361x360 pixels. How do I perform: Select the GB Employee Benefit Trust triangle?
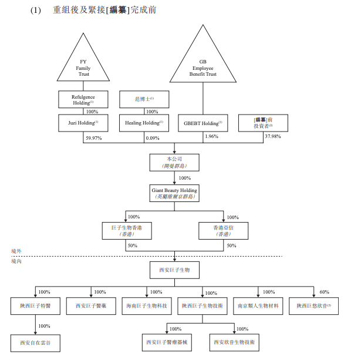click(x=203, y=62)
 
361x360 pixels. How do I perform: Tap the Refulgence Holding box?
click(x=83, y=99)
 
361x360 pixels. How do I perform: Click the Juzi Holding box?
click(x=83, y=123)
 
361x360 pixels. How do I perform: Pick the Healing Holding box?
click(x=144, y=123)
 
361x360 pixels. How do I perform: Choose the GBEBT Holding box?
click(x=203, y=123)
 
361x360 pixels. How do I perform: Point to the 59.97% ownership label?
click(x=95, y=137)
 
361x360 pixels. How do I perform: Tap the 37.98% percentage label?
click(x=273, y=137)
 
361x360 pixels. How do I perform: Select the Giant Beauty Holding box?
click(x=174, y=193)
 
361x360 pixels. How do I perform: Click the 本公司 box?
click(x=174, y=162)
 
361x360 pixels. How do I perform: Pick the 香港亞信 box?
click(x=223, y=229)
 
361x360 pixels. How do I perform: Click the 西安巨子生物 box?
click(x=174, y=270)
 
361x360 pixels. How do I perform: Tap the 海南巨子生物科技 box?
click(x=146, y=306)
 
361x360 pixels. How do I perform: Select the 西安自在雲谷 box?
click(x=35, y=342)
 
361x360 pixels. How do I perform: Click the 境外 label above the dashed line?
click(x=16, y=251)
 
